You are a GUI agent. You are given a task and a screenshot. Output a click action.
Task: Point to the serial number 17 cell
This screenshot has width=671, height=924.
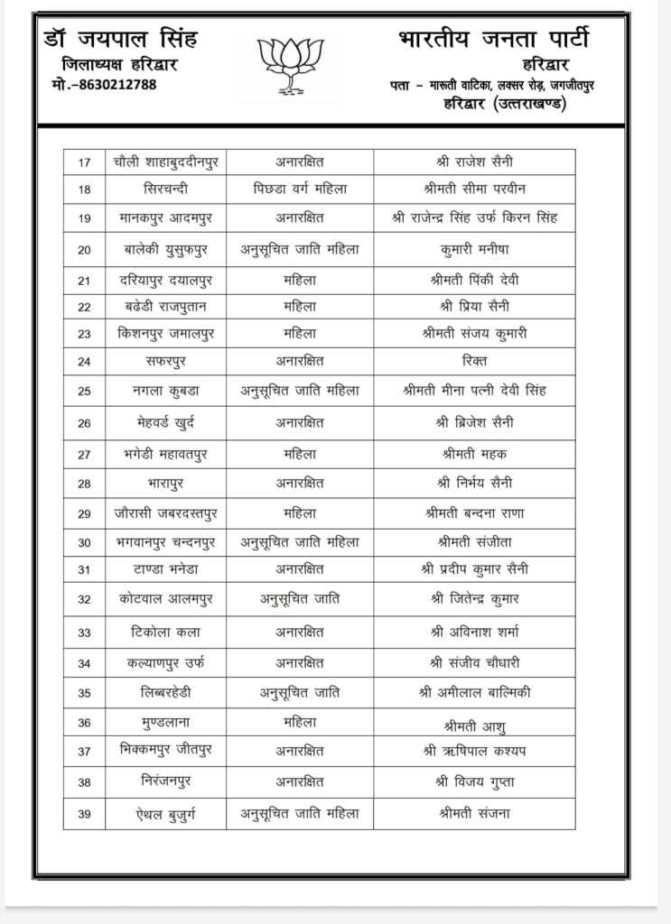click(85, 162)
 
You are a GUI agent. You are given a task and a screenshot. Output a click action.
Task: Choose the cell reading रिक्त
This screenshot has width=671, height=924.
click(473, 361)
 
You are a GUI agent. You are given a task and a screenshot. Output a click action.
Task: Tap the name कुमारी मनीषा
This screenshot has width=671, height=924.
click(473, 249)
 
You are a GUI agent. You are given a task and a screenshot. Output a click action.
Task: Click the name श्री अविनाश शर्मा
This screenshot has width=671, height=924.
click(473, 633)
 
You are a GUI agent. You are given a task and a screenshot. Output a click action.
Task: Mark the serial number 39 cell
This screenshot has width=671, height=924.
click(85, 814)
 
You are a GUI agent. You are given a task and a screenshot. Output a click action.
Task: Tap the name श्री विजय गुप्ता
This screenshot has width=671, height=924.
click(473, 781)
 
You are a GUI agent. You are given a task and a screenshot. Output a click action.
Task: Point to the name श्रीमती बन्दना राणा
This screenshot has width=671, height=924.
click(473, 513)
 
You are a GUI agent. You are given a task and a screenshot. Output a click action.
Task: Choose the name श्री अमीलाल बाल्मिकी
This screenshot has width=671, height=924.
click(473, 692)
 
